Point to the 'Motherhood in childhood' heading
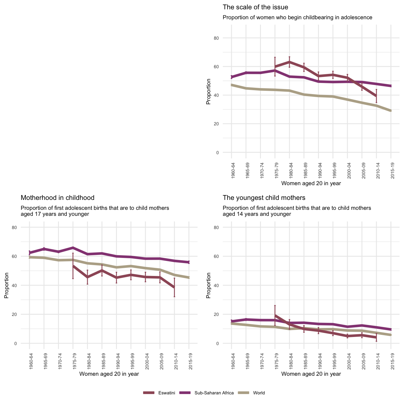(x=57, y=198)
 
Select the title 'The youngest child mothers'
(x=264, y=198)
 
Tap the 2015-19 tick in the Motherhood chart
(x=189, y=362)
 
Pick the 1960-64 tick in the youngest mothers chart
(x=232, y=362)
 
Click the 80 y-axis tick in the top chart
(x=225, y=38)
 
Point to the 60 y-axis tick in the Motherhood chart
(x=23, y=256)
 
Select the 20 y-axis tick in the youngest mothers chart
(x=225, y=314)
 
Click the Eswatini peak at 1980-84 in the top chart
(x=289, y=62)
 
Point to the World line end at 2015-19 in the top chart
(x=391, y=111)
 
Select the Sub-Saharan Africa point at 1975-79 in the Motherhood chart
(x=73, y=248)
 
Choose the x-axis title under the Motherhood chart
(x=109, y=374)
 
